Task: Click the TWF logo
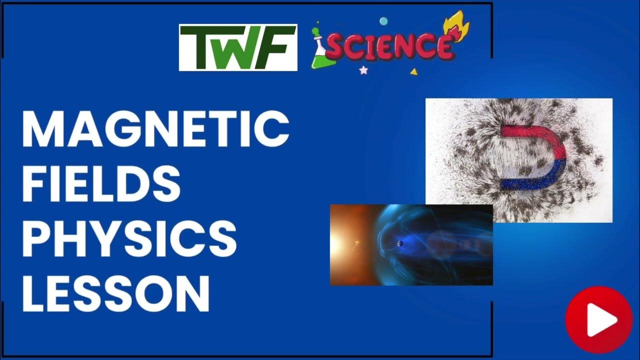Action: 238,47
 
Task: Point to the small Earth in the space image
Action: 399,243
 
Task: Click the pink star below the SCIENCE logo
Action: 363,70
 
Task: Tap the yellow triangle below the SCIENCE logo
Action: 413,72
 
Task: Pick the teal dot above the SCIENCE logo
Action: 383,21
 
